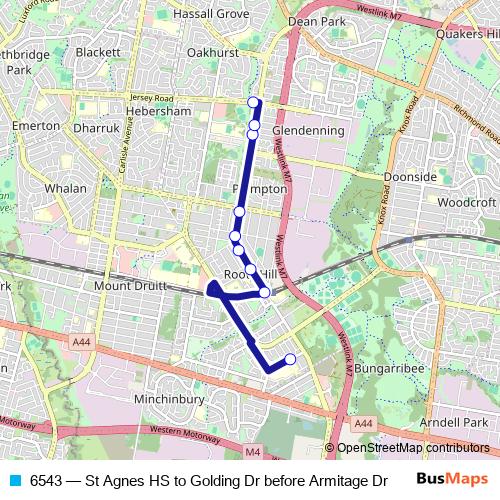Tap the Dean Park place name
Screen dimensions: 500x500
[316, 20]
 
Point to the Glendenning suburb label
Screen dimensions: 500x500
[308, 131]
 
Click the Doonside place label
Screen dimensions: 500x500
[411, 176]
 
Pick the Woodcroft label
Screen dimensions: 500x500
[467, 201]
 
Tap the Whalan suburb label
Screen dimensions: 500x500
[66, 187]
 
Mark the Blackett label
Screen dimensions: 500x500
[98, 52]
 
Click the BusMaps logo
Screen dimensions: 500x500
[451, 478]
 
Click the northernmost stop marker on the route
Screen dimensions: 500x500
[254, 102]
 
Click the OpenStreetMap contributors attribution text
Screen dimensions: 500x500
[414, 448]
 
